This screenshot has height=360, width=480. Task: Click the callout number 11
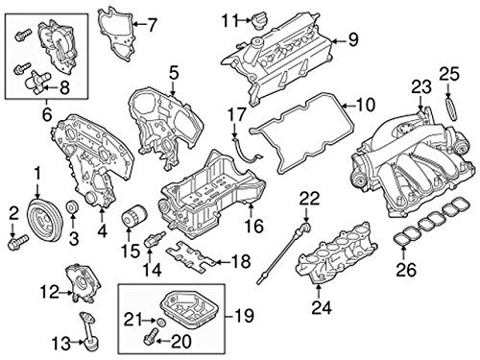[x=231, y=20]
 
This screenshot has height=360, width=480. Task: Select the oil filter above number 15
[x=134, y=217]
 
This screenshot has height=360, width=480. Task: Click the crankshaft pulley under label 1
[x=44, y=220]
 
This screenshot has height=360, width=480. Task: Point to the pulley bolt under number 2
[x=18, y=242]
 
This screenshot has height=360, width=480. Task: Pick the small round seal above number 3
[x=72, y=207]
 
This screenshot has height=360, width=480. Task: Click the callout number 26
[x=406, y=270]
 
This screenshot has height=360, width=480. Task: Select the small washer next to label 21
[x=161, y=322]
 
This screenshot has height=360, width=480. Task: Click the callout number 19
[x=245, y=316]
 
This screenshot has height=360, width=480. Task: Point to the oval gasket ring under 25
[x=451, y=109]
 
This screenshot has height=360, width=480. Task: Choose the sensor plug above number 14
[x=155, y=240]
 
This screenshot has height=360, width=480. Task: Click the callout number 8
[x=64, y=87]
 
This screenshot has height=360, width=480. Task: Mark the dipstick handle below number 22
[x=305, y=228]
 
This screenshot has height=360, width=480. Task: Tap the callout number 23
[x=420, y=87]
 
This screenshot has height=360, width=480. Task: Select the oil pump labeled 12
[x=83, y=283]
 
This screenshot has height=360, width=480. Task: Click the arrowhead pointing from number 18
[x=217, y=262]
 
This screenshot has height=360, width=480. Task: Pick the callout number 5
[x=173, y=73]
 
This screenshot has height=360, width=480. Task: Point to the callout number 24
[x=322, y=308]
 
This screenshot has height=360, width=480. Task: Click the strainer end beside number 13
[x=90, y=345]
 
